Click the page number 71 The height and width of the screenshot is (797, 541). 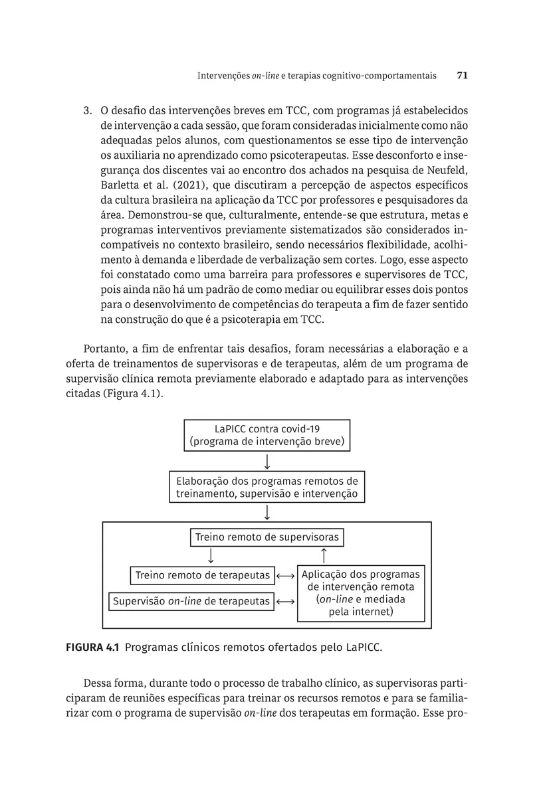(x=463, y=76)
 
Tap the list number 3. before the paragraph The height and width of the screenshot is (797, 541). (x=87, y=110)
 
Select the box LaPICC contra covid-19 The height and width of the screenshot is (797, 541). (x=267, y=435)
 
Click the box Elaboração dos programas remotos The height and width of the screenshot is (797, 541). (x=267, y=487)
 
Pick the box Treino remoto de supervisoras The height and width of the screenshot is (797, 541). (x=267, y=537)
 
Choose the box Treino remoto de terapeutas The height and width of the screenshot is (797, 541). (x=203, y=575)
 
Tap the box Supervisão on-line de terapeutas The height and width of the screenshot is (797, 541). (x=191, y=601)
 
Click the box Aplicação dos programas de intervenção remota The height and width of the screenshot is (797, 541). (x=361, y=593)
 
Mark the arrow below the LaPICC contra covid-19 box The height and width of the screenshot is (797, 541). (x=267, y=461)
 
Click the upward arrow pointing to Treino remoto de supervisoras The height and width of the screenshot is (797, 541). (x=324, y=555)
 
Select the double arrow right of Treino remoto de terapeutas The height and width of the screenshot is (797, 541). (x=285, y=575)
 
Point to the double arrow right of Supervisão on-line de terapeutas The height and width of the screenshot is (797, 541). (x=285, y=601)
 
